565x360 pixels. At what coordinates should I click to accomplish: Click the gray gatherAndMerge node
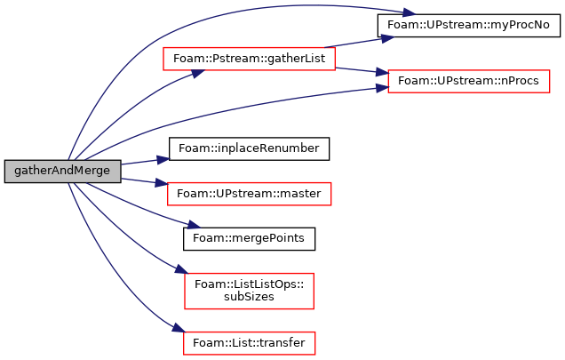[x=62, y=171]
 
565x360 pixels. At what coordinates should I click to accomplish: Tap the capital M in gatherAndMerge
[x=79, y=171]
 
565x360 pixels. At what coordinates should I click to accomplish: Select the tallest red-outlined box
[x=249, y=291]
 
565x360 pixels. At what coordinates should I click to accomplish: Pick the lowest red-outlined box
[x=249, y=343]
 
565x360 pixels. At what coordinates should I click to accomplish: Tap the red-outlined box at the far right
[x=468, y=82]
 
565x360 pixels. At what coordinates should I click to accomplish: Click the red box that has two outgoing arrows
[x=249, y=59]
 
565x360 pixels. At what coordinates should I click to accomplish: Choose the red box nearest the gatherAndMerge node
[x=249, y=194]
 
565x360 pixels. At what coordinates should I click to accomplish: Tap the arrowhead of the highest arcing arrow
[x=409, y=13]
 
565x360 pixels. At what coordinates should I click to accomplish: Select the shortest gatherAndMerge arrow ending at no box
[x=142, y=162]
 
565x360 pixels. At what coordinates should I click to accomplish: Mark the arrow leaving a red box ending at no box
[x=360, y=41]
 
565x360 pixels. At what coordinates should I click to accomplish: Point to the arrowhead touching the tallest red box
[x=181, y=268]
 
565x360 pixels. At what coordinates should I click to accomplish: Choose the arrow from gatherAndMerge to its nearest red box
[x=142, y=181]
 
